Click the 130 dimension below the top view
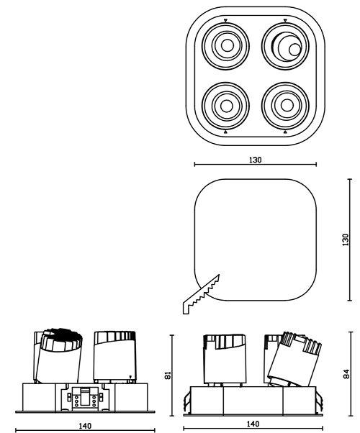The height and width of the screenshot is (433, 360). pyautogui.click(x=255, y=160)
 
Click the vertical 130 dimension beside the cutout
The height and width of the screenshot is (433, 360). pyautogui.click(x=346, y=240)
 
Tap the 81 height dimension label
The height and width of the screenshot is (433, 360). pyautogui.click(x=168, y=375)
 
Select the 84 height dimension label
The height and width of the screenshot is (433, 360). pyautogui.click(x=346, y=374)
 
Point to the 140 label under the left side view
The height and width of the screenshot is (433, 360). pyautogui.click(x=85, y=426)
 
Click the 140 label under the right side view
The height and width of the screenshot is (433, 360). pyautogui.click(x=253, y=424)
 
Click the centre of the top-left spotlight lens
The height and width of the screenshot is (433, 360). pyautogui.click(x=228, y=45)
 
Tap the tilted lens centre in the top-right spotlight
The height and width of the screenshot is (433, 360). pyautogui.click(x=294, y=50)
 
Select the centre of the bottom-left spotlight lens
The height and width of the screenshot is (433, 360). pyautogui.click(x=227, y=105)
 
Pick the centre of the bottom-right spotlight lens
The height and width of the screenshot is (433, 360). pyautogui.click(x=287, y=105)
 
